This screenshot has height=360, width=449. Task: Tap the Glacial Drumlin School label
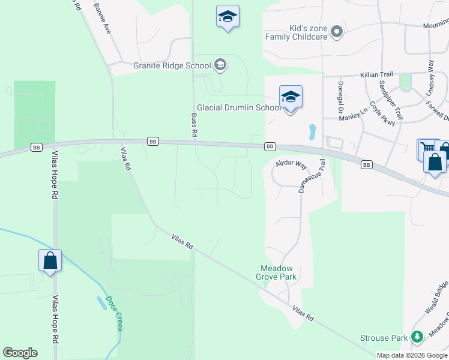(x=239, y=108)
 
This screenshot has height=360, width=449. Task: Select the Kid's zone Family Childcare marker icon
(x=337, y=31)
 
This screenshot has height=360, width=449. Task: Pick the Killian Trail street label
(x=376, y=74)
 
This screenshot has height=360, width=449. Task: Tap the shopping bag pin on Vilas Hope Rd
(x=50, y=261)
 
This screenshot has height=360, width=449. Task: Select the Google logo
(x=20, y=353)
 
